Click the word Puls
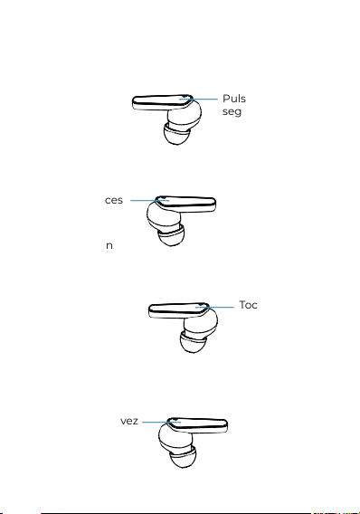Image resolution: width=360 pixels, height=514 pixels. [234, 99]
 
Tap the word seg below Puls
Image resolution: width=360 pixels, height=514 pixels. [232, 111]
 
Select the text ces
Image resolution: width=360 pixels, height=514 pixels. [114, 200]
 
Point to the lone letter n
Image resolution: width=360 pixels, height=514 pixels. [109, 245]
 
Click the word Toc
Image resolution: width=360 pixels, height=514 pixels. [249, 305]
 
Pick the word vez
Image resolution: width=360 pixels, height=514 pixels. [129, 421]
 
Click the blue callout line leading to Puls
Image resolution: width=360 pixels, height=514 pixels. [198, 99]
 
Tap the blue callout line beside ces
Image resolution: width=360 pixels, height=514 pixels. [150, 200]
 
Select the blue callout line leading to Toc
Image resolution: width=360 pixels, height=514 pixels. [215, 307]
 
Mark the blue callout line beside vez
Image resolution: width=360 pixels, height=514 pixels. [162, 422]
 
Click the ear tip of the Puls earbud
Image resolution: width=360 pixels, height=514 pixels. [176, 135]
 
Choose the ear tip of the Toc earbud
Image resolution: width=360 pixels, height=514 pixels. [193, 342]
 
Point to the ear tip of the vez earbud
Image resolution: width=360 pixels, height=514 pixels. [183, 457]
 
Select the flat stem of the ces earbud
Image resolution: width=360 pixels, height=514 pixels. [186, 205]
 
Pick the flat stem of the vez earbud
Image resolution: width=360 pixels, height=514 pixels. [198, 425]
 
